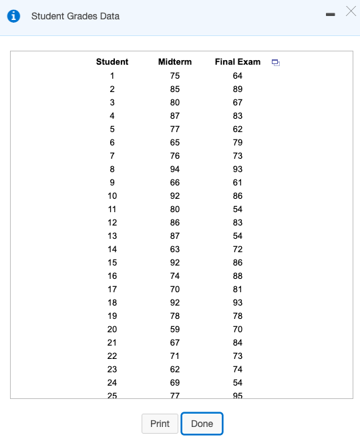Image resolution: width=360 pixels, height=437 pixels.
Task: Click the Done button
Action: (202, 424)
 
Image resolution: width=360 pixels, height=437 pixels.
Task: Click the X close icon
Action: (351, 11)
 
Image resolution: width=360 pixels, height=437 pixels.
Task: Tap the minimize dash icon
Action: (329, 15)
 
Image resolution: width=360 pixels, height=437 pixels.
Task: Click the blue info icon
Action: (13, 16)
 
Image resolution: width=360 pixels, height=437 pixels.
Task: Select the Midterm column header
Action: (175, 62)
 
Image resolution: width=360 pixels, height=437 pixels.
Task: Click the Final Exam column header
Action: (238, 62)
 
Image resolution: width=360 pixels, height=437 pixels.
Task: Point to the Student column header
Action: (112, 62)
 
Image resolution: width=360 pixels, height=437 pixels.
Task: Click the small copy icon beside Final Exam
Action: (275, 63)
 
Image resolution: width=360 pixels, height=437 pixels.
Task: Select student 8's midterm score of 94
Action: (175, 169)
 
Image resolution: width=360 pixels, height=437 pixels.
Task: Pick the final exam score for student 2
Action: (238, 89)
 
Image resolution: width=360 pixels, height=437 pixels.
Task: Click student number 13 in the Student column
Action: (112, 236)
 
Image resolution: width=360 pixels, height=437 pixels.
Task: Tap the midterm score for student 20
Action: (175, 329)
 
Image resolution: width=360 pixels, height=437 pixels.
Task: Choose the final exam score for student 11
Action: (238, 209)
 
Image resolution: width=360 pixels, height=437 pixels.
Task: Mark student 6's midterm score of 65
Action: (175, 142)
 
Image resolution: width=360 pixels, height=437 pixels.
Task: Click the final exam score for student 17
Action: (238, 289)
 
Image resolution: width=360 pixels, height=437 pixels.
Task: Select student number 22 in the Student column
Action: (112, 356)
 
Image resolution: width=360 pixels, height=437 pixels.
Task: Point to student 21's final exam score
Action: (238, 342)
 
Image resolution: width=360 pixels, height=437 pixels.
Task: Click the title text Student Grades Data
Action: (75, 16)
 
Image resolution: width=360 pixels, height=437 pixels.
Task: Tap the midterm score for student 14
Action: (175, 249)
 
